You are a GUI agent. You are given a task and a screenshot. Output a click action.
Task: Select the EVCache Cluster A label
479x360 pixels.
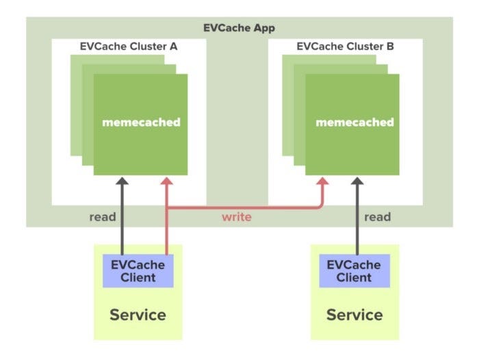129,47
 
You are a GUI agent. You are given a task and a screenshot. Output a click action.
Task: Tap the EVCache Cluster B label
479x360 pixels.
346,47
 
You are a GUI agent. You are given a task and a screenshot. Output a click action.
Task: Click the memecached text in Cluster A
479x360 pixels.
141,123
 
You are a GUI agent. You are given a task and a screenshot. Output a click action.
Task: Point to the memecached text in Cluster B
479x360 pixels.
354,123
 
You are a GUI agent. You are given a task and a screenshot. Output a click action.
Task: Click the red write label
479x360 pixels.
236,217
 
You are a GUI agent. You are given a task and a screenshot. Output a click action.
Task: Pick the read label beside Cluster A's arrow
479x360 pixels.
103,217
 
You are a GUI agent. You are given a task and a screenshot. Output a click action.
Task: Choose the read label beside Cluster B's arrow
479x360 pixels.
377,217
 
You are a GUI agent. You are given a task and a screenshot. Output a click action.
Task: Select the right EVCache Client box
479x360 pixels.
354,271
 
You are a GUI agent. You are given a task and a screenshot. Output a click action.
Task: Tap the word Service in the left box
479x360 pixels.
138,315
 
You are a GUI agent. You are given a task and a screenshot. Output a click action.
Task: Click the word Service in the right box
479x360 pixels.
354,315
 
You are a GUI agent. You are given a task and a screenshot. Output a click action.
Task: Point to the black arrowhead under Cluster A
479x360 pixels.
122,182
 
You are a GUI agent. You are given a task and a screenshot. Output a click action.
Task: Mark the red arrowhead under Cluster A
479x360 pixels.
166,182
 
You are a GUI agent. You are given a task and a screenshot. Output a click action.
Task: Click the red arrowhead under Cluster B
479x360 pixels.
322,182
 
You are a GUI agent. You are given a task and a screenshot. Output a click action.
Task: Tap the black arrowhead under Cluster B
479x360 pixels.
356,182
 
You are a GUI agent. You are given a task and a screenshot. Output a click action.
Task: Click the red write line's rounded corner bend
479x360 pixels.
320,204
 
